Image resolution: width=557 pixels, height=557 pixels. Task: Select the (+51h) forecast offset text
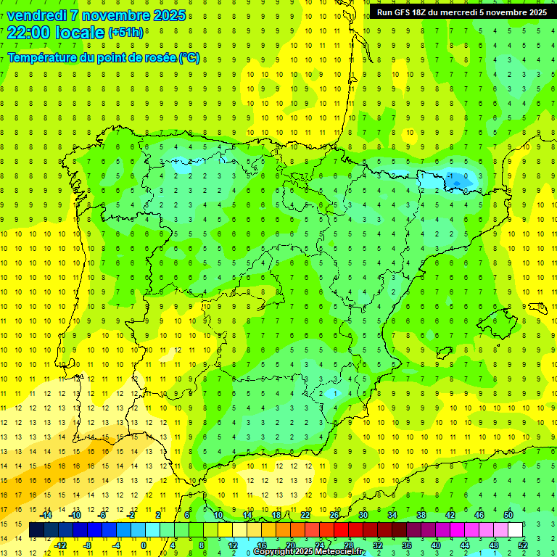coord(125,33)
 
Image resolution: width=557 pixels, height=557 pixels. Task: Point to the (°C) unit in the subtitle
coord(189,58)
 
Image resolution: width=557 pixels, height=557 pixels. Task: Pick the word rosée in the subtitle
coord(160,58)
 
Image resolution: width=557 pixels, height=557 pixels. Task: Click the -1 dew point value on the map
coord(452,176)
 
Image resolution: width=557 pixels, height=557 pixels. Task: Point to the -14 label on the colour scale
coord(46,515)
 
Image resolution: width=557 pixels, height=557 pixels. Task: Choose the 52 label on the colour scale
coord(523,545)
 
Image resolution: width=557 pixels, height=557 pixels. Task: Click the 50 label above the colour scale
coord(508,515)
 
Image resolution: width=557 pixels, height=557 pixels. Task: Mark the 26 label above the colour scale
coord(334,515)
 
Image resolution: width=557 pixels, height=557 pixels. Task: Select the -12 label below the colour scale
coord(60,545)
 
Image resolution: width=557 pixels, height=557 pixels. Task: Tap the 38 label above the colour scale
coord(421,515)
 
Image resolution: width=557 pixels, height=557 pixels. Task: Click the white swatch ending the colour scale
coord(516,530)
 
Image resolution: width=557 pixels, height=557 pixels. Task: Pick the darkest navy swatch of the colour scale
coord(36,530)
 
